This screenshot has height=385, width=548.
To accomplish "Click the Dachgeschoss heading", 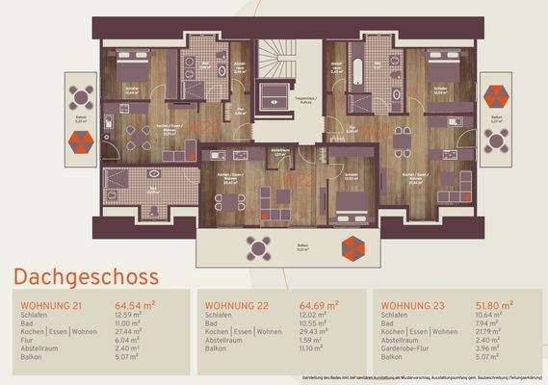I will (88, 278).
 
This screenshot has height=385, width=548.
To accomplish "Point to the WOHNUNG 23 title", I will (413, 306).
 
